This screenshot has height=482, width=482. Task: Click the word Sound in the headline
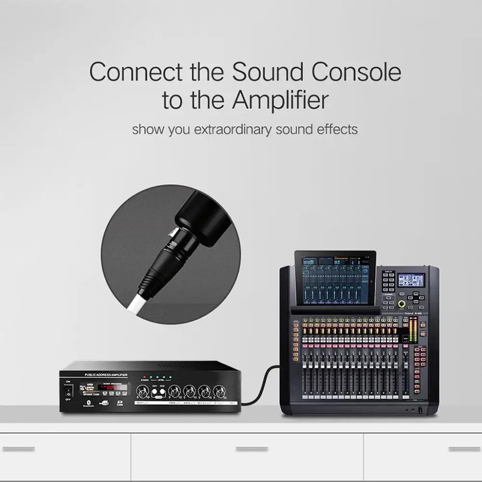[268, 72]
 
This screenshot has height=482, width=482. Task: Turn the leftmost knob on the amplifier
[142, 391]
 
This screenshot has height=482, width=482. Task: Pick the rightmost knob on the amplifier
[220, 391]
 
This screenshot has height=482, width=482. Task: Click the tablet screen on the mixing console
[335, 280]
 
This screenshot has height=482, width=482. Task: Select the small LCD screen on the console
[411, 280]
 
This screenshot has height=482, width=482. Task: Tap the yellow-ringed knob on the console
[402, 304]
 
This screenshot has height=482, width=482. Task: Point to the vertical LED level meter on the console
[413, 330]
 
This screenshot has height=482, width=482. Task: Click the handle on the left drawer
[18, 449]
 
